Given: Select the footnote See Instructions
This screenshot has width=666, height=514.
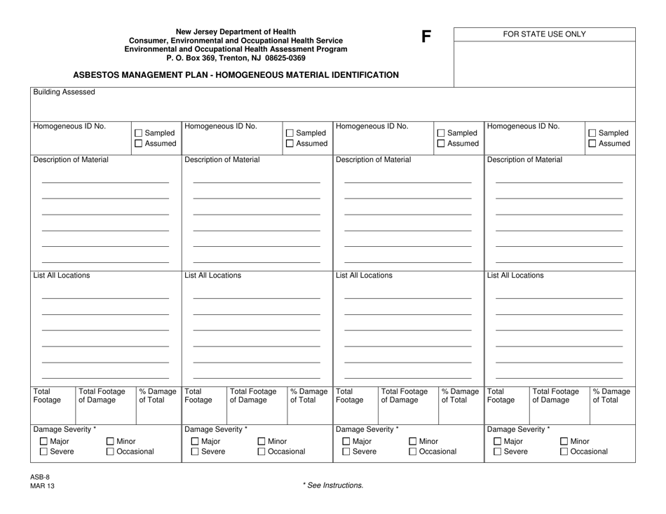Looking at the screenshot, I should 332,485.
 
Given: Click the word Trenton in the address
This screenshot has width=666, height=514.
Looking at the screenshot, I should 223,58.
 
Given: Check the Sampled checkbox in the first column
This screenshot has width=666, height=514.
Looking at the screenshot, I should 138,133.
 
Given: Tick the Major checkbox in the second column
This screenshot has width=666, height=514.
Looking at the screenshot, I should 196,441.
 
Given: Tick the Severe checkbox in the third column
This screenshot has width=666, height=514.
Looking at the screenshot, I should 345,452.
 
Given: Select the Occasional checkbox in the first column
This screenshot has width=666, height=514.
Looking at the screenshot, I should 111,452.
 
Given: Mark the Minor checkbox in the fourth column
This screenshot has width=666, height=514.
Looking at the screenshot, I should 564,441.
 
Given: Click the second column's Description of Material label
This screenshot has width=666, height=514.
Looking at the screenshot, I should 222,160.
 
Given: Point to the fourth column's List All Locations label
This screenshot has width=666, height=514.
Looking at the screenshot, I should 515,276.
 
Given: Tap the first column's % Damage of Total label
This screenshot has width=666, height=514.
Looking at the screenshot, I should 158,396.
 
